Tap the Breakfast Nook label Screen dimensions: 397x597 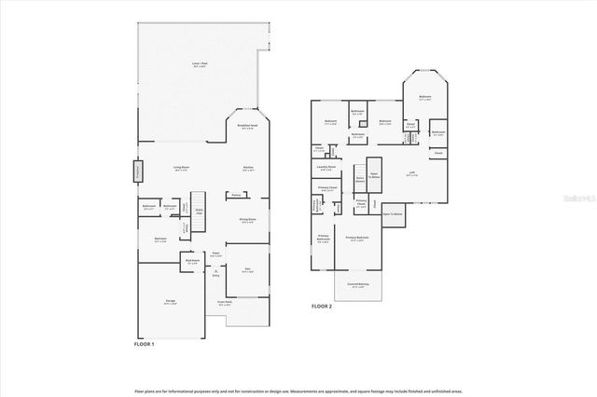click(247, 128)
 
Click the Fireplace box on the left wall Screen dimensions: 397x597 click(137, 172)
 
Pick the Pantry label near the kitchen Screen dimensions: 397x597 click(237, 195)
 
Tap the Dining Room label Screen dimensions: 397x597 click(248, 219)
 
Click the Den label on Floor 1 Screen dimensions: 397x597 click(247, 269)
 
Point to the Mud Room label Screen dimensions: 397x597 click(191, 263)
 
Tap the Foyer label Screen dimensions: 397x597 click(215, 253)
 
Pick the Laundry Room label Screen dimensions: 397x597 click(326, 168)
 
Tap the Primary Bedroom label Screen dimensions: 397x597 click(357, 239)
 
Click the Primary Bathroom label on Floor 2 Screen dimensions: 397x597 click(323, 239)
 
